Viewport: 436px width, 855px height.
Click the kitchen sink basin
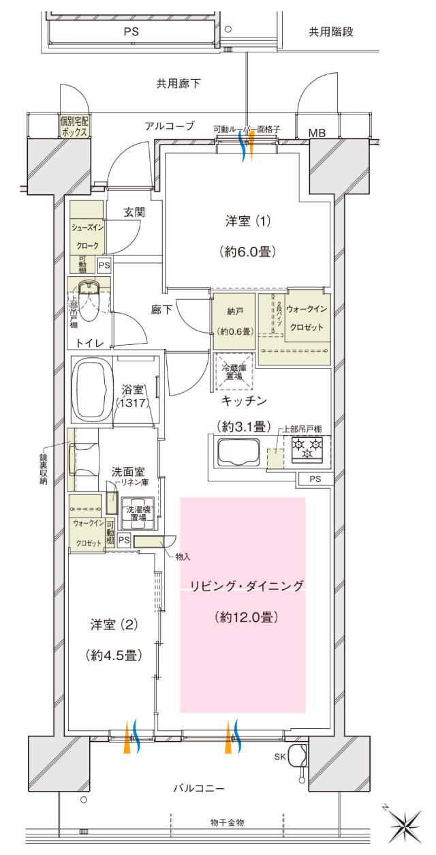(237, 452)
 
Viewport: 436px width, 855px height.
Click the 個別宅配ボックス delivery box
(74, 127)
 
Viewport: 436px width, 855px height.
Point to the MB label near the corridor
(317, 132)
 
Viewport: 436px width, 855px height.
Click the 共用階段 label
(331, 31)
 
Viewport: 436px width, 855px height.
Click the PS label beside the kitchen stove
(314, 479)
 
